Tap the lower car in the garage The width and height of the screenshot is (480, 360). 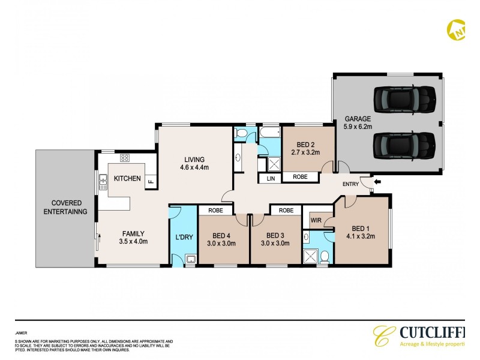403,145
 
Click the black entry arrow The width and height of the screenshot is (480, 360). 377,181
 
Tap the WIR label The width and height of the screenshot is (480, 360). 316,221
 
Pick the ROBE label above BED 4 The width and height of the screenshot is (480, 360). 215,211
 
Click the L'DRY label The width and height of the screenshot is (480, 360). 184,237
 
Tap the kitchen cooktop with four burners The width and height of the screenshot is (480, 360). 125,158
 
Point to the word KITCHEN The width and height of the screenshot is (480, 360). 127,178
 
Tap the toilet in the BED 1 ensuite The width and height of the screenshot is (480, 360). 323,257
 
